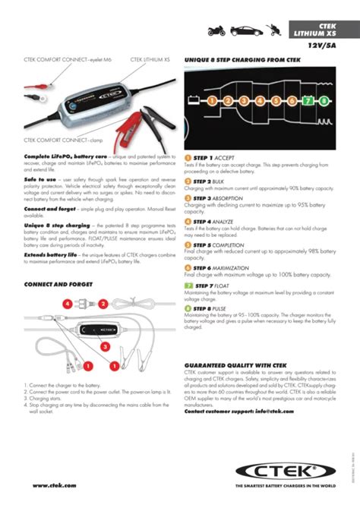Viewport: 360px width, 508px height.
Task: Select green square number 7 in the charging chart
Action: point(306,99)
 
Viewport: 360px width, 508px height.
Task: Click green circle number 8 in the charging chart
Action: point(324,99)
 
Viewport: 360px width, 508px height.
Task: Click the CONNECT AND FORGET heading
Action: point(58,284)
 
